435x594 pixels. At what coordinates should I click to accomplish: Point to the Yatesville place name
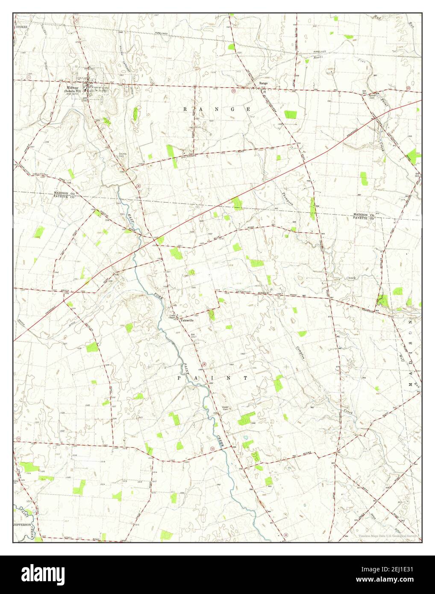[x=187, y=320]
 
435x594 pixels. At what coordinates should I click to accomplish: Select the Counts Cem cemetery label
[x=123, y=156]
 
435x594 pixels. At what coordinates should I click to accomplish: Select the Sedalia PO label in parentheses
[x=72, y=91]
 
